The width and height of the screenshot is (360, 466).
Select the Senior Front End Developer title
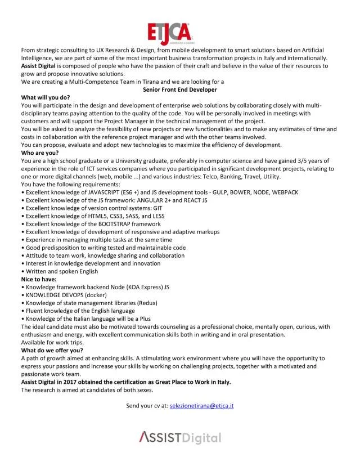point(180,89)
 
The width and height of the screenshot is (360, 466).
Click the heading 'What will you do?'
point(45,97)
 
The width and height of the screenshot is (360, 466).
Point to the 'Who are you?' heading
point(40,153)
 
